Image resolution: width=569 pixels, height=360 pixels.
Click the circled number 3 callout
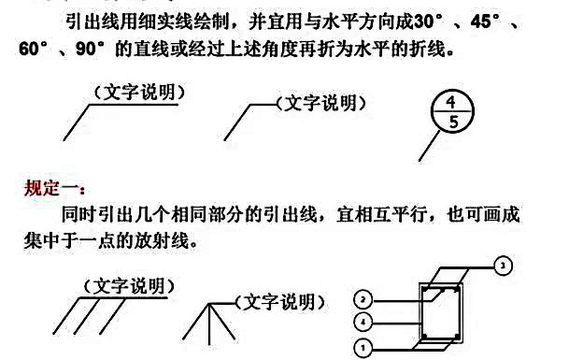coord(505,266)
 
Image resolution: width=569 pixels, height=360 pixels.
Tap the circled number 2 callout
coord(365,299)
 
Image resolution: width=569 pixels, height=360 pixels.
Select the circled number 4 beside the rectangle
coord(365,323)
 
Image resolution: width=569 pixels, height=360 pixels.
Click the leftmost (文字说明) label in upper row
coord(138,92)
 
